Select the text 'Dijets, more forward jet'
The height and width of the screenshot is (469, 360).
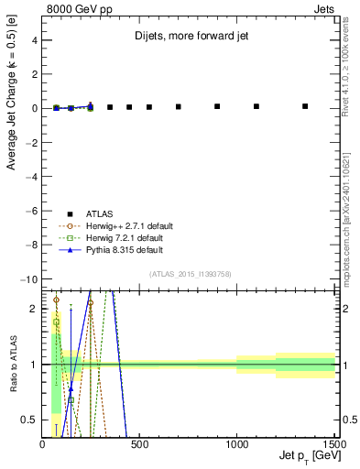(x=190, y=38)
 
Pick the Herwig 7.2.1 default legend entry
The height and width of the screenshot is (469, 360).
(x=124, y=237)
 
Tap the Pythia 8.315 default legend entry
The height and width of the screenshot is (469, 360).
(x=124, y=249)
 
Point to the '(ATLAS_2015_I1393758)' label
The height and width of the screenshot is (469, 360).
(x=190, y=274)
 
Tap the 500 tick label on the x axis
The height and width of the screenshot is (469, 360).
(x=139, y=444)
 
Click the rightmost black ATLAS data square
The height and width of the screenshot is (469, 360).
(x=305, y=106)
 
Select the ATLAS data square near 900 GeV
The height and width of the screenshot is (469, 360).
(x=217, y=106)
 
